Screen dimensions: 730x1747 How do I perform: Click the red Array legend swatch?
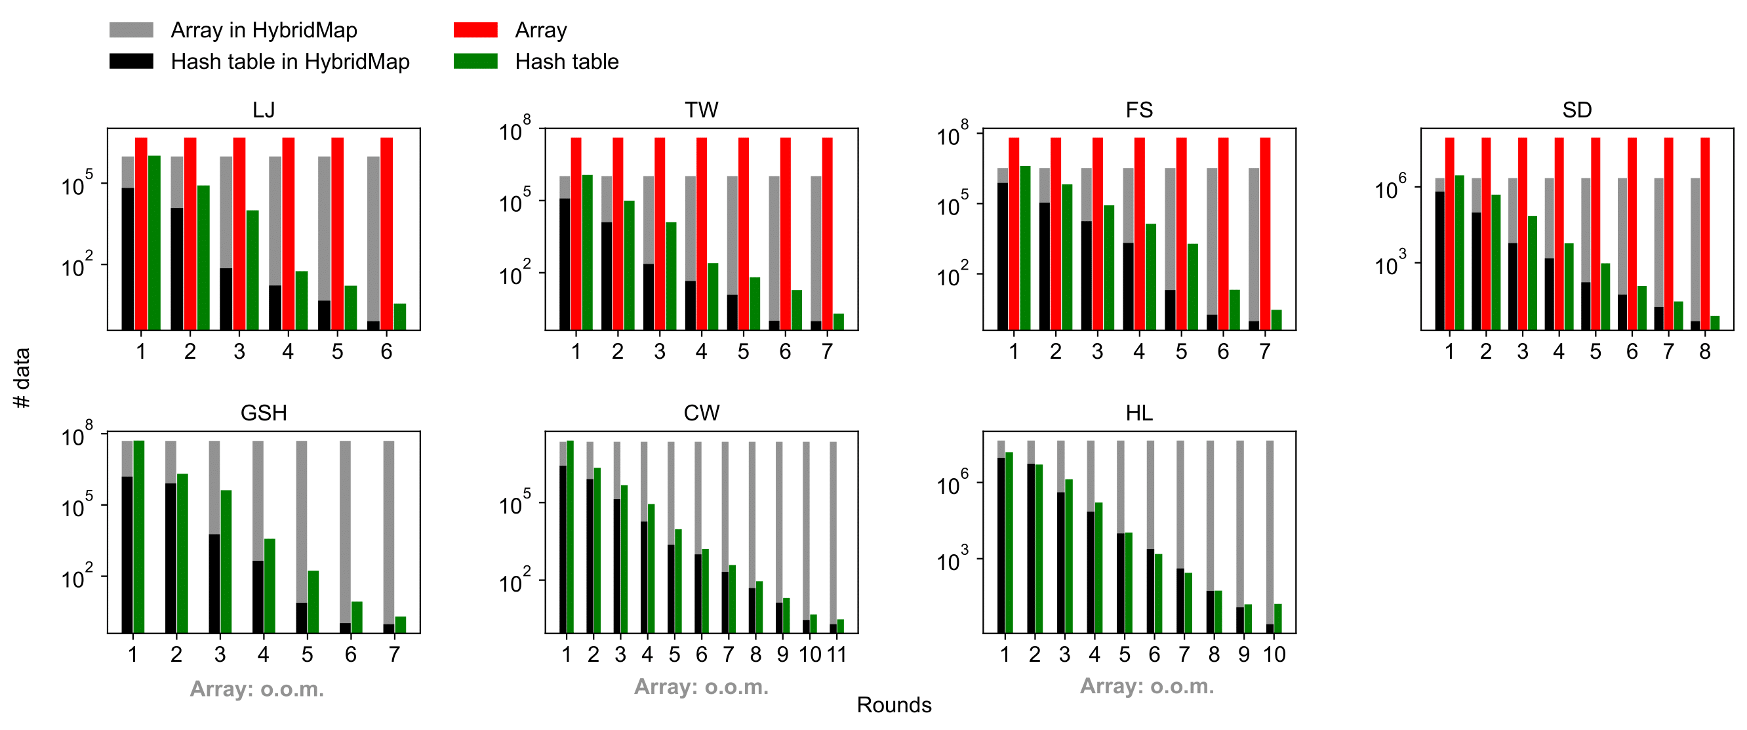pos(475,30)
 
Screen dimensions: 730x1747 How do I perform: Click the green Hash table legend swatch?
pos(475,61)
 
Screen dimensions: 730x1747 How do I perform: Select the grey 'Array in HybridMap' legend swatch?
pos(131,30)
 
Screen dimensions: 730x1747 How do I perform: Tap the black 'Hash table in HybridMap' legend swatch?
pos(131,61)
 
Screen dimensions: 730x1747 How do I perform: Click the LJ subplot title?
pos(263,110)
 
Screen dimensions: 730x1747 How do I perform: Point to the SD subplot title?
pos(1576,110)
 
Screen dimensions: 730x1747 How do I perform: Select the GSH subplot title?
pos(263,413)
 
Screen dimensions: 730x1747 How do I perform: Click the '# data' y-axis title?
pos(22,377)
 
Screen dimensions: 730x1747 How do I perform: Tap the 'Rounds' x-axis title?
pos(894,705)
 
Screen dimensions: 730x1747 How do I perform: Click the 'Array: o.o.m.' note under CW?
pos(701,687)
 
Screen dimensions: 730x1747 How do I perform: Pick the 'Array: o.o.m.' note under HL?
pos(1147,686)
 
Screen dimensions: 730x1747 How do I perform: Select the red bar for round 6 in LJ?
pos(386,233)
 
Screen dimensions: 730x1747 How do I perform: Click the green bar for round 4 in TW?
pos(713,296)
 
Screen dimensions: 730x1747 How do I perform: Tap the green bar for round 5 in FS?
pos(1192,287)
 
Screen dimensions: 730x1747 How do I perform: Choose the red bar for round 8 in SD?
pos(1705,233)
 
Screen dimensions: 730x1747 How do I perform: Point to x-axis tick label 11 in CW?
pos(837,654)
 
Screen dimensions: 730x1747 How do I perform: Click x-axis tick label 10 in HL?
pos(1274,654)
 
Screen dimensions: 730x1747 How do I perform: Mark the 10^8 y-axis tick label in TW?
pos(515,130)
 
